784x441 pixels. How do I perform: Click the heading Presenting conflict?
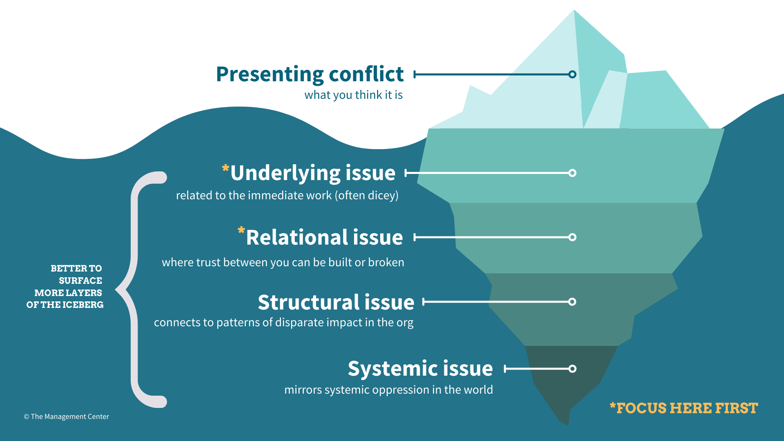click(x=310, y=74)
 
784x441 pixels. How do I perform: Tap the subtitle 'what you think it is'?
click(x=353, y=95)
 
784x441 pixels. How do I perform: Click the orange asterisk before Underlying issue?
click(x=225, y=169)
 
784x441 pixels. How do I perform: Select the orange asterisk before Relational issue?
click(x=241, y=231)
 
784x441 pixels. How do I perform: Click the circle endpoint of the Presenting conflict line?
click(x=572, y=74)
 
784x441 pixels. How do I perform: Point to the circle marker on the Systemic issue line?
click(x=572, y=369)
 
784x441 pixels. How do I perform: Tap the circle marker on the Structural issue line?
click(x=572, y=302)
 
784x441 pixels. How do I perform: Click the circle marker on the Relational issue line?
click(x=572, y=237)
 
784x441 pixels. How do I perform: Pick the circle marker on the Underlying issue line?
click(x=572, y=173)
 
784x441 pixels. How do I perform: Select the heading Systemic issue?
click(x=420, y=369)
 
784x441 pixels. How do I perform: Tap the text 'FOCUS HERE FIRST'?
click(x=687, y=408)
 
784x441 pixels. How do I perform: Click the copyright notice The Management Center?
click(x=66, y=416)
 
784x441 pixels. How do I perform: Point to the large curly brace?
click(x=134, y=290)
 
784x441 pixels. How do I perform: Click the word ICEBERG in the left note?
click(x=83, y=305)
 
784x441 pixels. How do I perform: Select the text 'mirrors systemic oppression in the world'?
click(x=388, y=390)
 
